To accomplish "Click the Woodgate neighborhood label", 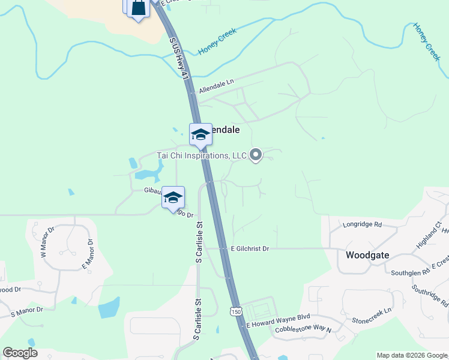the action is coord(367,255).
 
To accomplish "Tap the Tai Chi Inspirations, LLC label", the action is coord(202,155).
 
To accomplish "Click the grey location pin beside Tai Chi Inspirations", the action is coord(256,155).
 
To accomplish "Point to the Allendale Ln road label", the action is coord(216,86).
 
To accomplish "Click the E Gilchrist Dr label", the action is coord(250,248).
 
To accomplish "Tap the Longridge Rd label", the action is coord(363,225).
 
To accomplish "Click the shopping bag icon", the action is coord(138,8).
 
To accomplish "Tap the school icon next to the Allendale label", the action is coord(200,134).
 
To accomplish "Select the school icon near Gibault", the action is coord(173,197).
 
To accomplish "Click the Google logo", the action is coord(20,353).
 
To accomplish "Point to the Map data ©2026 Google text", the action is coord(411,355).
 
